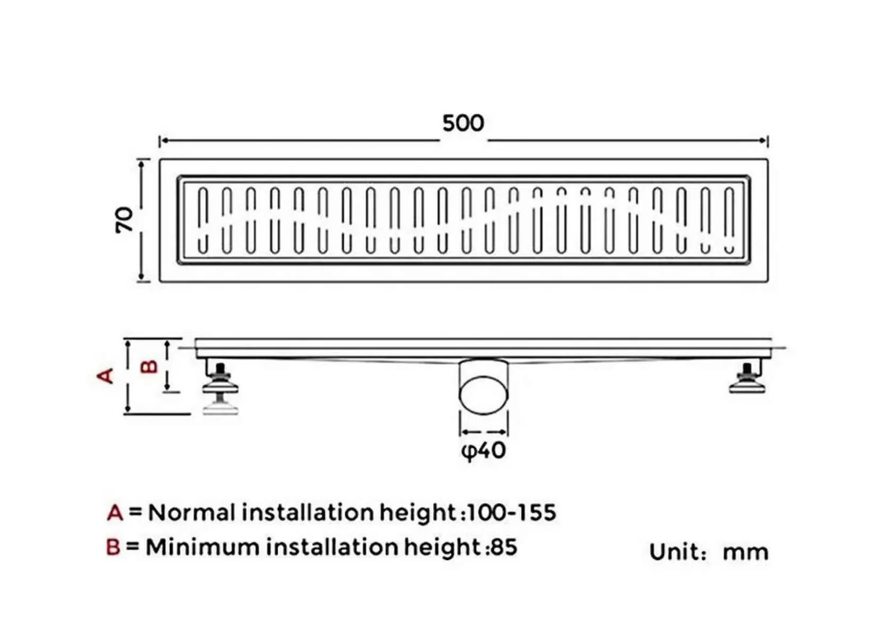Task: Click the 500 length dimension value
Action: pyautogui.click(x=463, y=124)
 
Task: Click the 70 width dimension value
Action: pyautogui.click(x=125, y=219)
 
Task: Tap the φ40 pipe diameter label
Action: pyautogui.click(x=482, y=452)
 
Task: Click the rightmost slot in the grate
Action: pyautogui.click(x=729, y=219)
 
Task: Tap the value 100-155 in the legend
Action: pyautogui.click(x=511, y=513)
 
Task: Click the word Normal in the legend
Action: pyautogui.click(x=191, y=513)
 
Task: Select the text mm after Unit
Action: pyautogui.click(x=746, y=552)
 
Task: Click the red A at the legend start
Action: pyautogui.click(x=115, y=513)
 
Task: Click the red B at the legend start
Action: pyautogui.click(x=115, y=547)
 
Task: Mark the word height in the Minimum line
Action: pyautogui.click(x=443, y=547)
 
